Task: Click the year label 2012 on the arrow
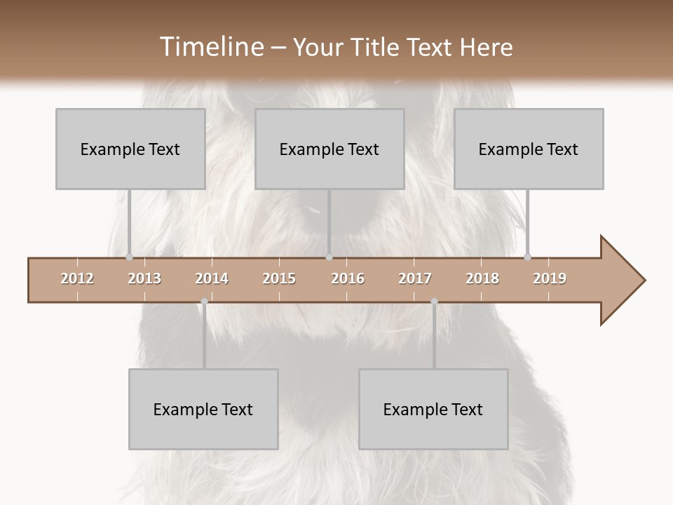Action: tap(77, 278)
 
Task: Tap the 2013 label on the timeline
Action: tap(144, 278)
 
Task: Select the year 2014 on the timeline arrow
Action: tap(212, 278)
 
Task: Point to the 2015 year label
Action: tap(279, 278)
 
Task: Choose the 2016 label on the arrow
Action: tap(348, 278)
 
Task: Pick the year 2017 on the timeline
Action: tap(415, 278)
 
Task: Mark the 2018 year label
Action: tap(482, 278)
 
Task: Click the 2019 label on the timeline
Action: tap(550, 278)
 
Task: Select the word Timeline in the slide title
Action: tap(210, 47)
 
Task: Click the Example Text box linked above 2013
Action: tap(130, 149)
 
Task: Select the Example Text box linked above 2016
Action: tap(329, 149)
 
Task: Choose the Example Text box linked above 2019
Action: tap(529, 149)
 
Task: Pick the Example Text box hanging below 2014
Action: tap(203, 409)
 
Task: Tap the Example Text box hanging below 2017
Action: tap(433, 409)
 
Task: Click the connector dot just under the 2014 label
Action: tap(204, 302)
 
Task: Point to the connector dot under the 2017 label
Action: tap(434, 302)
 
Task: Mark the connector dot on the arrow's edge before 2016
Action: tap(329, 257)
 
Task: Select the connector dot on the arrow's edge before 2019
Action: tap(527, 257)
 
